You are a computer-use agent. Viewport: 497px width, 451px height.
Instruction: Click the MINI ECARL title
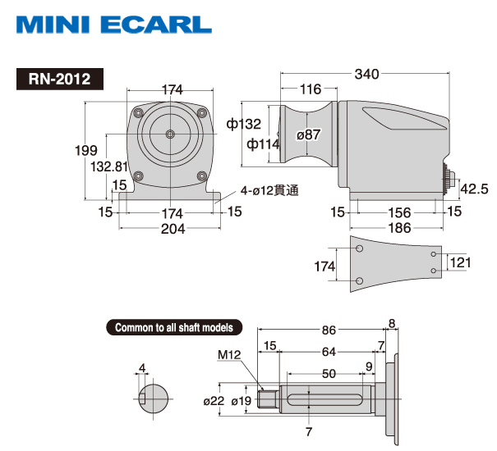[x=114, y=25]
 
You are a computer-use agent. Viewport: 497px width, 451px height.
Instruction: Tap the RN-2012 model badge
[x=60, y=79]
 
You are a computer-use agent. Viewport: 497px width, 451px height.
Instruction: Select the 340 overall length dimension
[x=366, y=74]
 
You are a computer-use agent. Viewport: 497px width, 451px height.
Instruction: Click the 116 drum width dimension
[x=311, y=89]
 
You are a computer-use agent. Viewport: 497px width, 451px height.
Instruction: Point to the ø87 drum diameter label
[x=308, y=134]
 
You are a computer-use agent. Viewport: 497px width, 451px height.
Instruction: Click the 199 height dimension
[x=86, y=150]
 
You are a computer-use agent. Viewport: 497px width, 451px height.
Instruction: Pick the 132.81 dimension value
[x=109, y=166]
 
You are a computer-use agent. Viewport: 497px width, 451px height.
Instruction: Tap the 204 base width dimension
[x=173, y=229]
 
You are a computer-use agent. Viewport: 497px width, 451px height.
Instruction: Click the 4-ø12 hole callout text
[x=269, y=190]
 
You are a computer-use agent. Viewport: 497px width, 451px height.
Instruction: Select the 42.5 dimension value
[x=474, y=189]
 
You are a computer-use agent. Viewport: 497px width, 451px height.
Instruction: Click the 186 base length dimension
[x=400, y=228]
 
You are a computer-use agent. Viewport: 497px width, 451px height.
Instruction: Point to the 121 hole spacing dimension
[x=460, y=262]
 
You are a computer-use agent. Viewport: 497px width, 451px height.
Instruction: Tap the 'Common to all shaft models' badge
[x=174, y=327]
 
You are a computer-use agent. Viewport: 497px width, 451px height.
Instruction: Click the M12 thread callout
[x=229, y=355]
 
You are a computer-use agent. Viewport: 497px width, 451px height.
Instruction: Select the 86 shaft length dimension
[x=329, y=330]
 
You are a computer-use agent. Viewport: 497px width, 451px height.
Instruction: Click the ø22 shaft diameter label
[x=214, y=401]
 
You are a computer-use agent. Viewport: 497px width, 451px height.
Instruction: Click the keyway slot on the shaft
[x=324, y=399]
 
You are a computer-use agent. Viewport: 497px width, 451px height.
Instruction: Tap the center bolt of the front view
[x=170, y=134]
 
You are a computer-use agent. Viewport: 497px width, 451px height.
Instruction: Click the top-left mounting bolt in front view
[x=138, y=112]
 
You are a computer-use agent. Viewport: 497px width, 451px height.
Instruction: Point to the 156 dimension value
[x=400, y=212]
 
